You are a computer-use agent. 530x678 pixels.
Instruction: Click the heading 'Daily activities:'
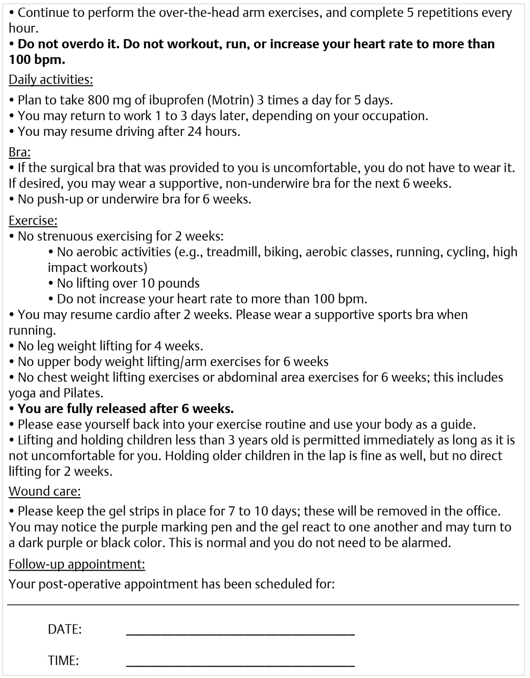tap(51, 80)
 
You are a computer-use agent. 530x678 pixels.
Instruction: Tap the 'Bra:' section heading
tap(19, 152)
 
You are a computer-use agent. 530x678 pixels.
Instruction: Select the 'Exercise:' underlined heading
tap(33, 221)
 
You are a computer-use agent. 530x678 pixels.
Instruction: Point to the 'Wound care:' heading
tap(44, 492)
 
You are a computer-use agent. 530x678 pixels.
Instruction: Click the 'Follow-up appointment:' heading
tap(77, 564)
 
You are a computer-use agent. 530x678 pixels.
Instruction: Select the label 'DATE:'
tap(64, 629)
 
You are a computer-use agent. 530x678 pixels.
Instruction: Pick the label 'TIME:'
tap(63, 661)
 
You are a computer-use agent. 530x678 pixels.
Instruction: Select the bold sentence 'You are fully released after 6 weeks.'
tap(125, 409)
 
